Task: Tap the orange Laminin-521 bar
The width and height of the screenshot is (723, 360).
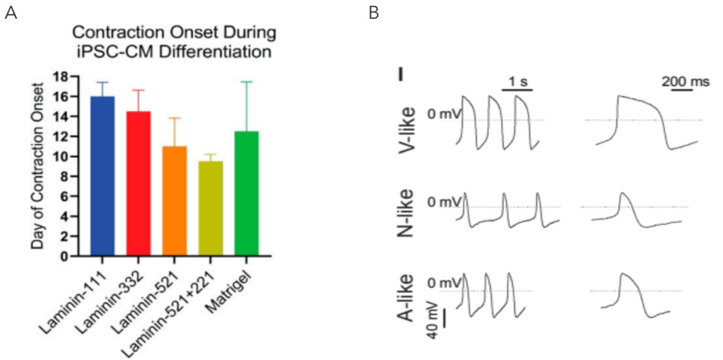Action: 175,201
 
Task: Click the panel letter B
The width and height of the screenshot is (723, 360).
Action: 374,14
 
